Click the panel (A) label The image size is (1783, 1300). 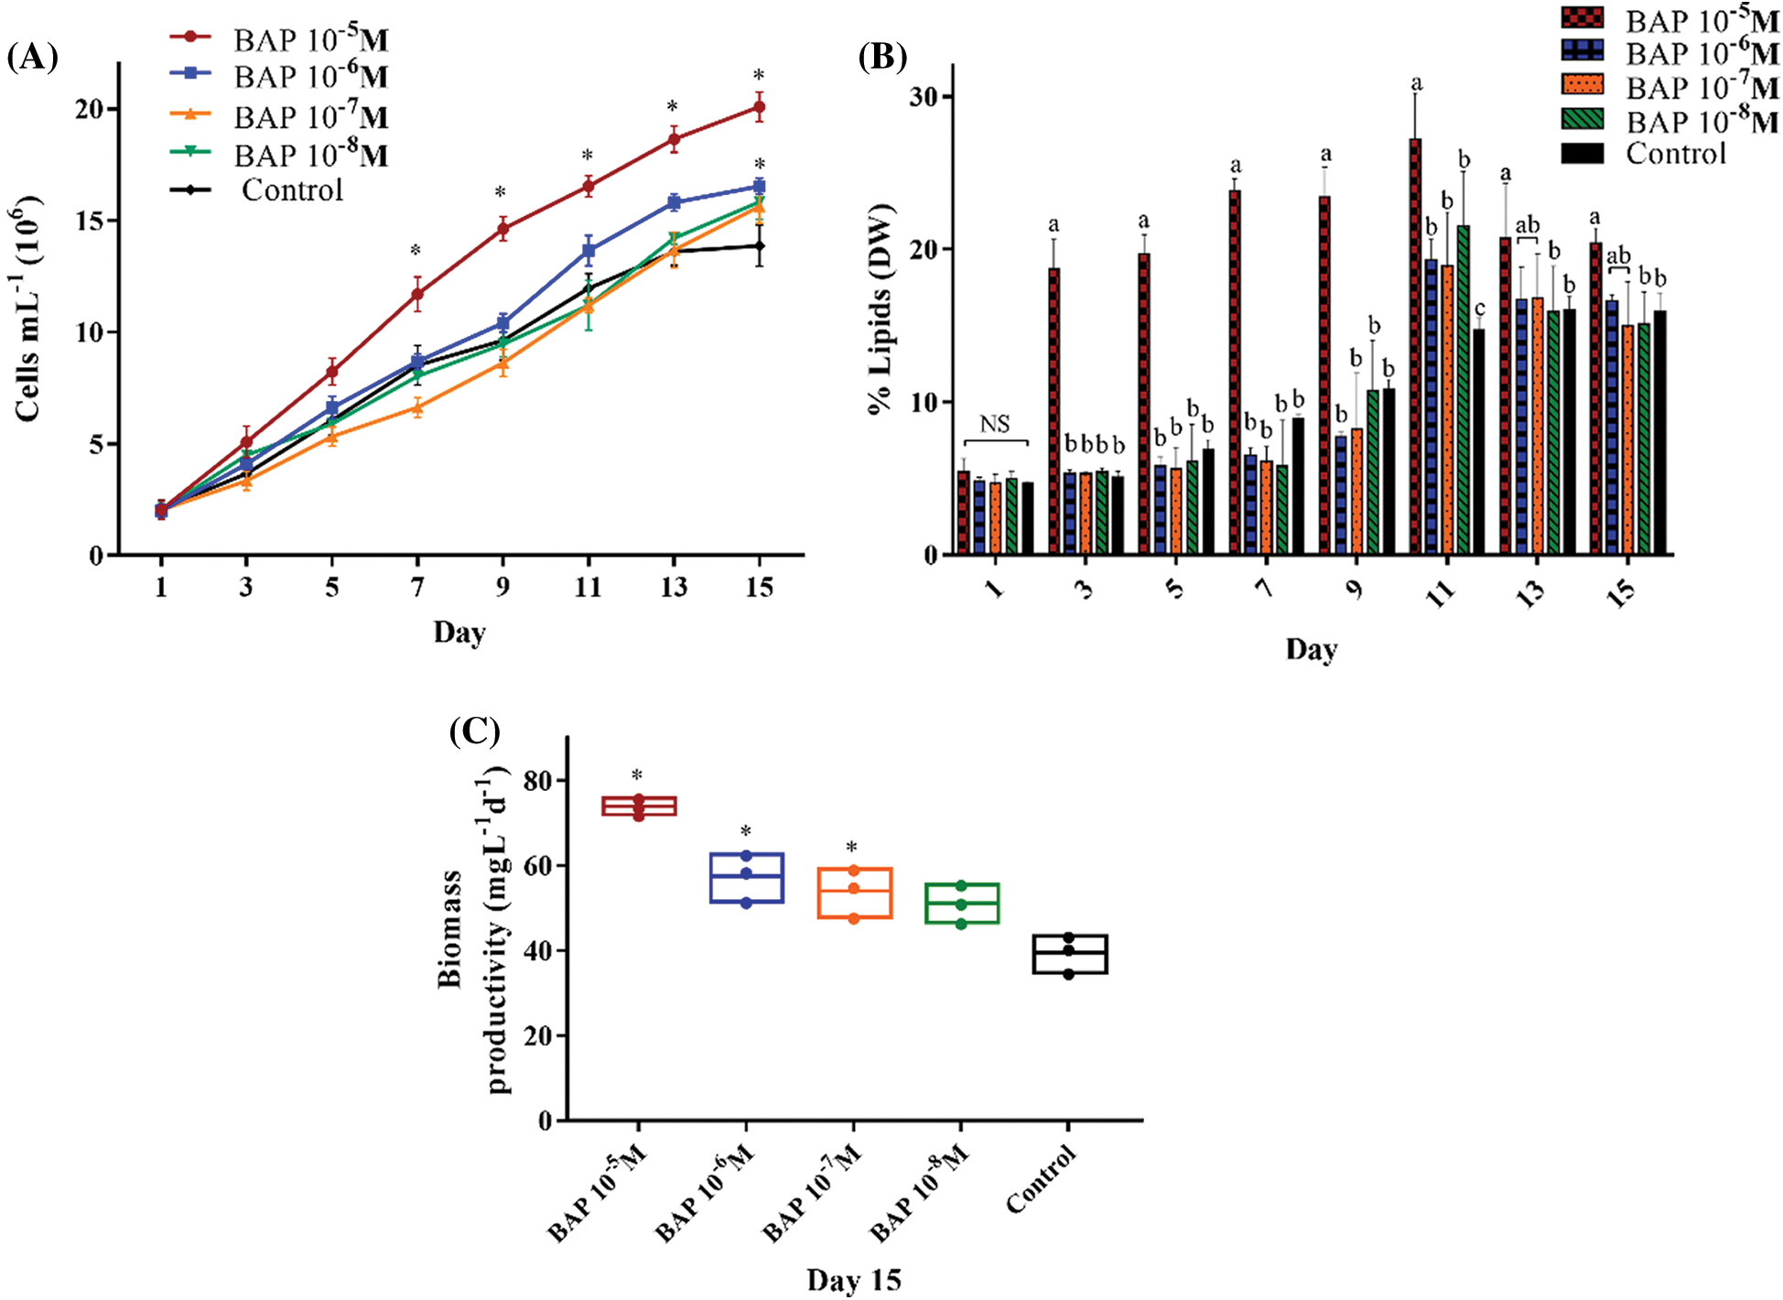tap(32, 58)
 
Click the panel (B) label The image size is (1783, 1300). tap(882, 57)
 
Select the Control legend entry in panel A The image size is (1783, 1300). tap(292, 190)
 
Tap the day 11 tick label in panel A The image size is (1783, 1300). tap(588, 587)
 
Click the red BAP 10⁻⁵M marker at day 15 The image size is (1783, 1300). tap(759, 107)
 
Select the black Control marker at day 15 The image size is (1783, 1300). tap(759, 245)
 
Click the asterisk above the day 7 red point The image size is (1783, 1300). tap(416, 251)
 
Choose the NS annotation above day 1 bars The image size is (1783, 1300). tap(995, 424)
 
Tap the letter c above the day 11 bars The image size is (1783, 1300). tap(1480, 308)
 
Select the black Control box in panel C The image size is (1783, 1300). tap(1069, 954)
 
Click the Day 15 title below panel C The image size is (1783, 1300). tap(853, 1279)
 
